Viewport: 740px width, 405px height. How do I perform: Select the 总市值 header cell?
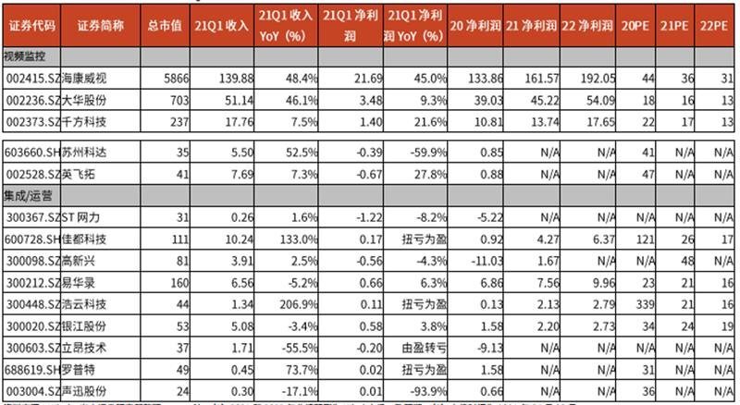tap(164, 25)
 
